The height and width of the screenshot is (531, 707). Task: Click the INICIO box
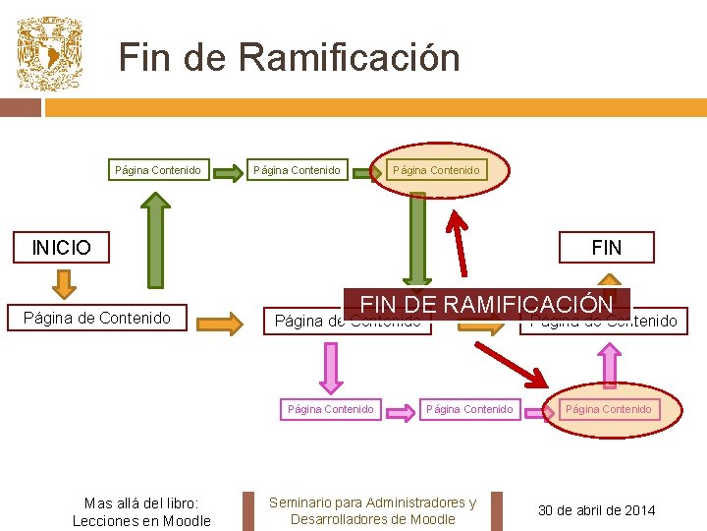click(x=61, y=247)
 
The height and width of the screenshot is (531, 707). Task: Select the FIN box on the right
click(x=606, y=247)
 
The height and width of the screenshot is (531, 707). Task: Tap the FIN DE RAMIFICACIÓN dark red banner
click(x=486, y=303)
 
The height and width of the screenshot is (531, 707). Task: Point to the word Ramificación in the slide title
click(x=349, y=57)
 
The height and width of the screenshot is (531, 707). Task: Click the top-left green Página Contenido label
click(x=157, y=170)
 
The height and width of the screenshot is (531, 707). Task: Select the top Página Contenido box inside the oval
click(x=436, y=170)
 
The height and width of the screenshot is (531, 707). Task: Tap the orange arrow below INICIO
click(x=62, y=283)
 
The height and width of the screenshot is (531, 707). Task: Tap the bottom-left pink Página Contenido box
click(x=330, y=408)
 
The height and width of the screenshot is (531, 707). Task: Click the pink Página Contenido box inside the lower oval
click(x=609, y=408)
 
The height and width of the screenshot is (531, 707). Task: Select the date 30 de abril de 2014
click(x=597, y=509)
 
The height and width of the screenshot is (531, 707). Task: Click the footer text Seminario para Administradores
click(x=372, y=502)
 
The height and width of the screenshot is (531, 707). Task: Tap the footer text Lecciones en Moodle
click(x=141, y=520)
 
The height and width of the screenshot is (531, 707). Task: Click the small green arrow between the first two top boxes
click(x=227, y=174)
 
